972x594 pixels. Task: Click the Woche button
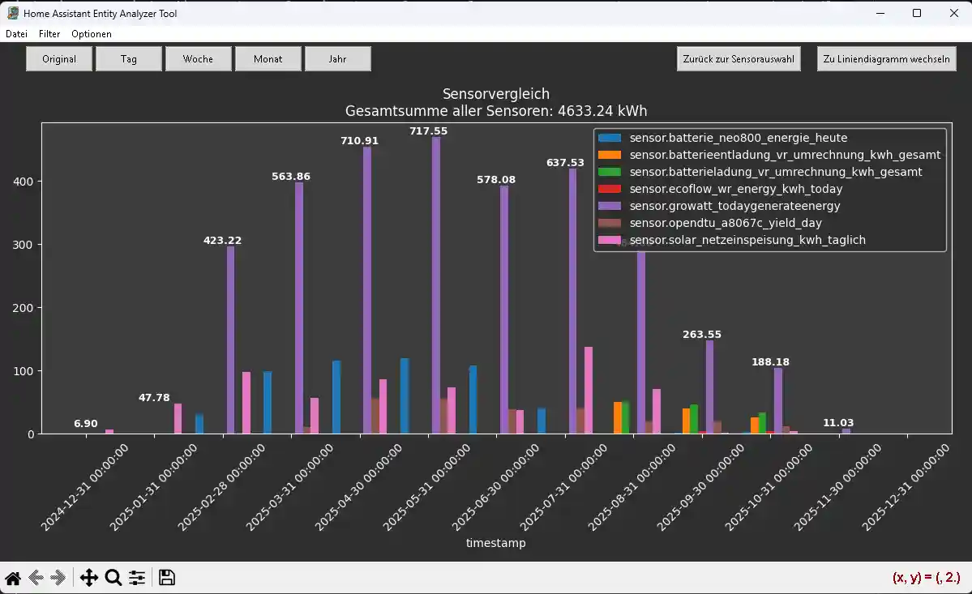198,59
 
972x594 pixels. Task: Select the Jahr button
337,59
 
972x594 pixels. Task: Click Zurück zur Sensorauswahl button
739,59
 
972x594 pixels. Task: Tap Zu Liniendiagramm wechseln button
886,59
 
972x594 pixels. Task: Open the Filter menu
49,34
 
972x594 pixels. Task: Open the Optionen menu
92,34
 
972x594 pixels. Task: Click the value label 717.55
428,131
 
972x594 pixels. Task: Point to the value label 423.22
222,241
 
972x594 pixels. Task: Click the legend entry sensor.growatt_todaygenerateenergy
734,207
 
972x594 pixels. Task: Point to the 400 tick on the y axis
24,182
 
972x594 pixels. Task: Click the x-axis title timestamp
495,543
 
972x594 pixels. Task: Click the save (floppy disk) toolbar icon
167,578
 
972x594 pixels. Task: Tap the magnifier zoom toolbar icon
113,578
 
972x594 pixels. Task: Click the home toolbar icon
13,578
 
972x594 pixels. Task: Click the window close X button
953,13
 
